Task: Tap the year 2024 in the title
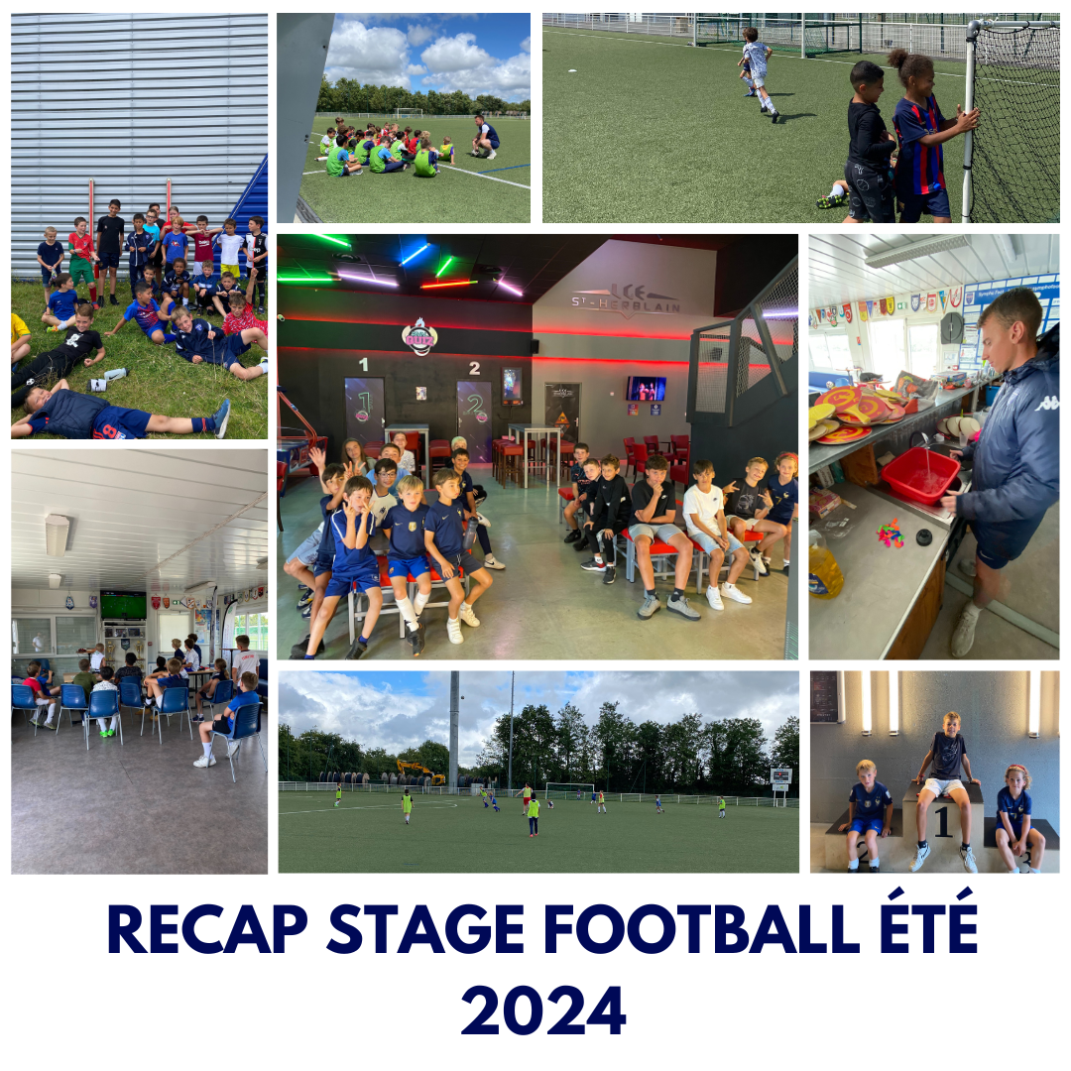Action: coord(542,1010)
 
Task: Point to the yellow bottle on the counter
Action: coord(824,571)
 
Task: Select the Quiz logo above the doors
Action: coord(419,336)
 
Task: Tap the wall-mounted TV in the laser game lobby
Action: coord(646,388)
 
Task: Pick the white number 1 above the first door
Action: coord(363,365)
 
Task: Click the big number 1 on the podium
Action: coord(941,821)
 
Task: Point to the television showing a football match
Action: coord(123,604)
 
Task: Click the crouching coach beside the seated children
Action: coord(485,136)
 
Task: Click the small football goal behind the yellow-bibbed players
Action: coord(569,790)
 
